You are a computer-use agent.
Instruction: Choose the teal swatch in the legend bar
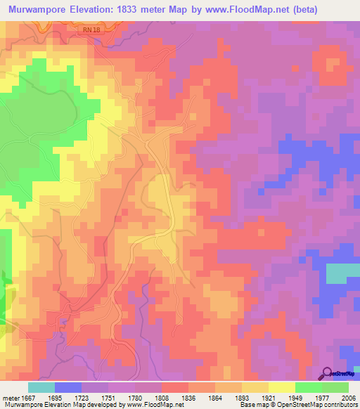tap(41, 387)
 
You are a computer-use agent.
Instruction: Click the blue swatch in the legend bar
tap(68, 387)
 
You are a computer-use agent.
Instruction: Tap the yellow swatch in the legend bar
tap(281, 387)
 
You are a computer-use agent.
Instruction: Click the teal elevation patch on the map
tap(342, 272)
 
